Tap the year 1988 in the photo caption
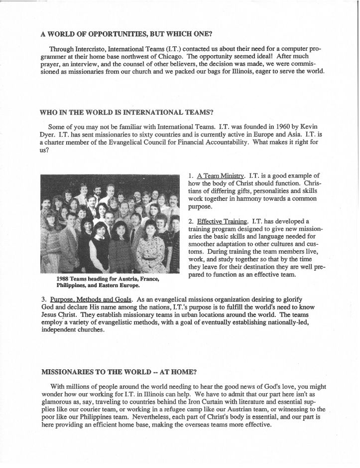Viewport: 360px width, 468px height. tap(64, 279)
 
